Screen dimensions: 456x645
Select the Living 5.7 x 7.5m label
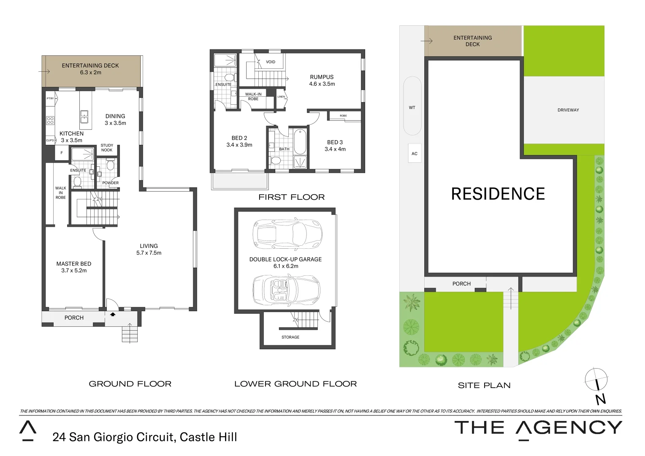click(x=149, y=249)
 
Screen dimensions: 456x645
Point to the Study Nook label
click(x=107, y=148)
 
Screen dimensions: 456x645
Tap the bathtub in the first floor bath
click(x=301, y=142)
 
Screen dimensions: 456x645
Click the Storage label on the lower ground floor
click(x=290, y=337)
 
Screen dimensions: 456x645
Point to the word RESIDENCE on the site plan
click(x=498, y=194)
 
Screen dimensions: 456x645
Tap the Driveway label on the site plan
click(x=568, y=110)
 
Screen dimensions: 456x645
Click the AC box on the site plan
click(x=415, y=154)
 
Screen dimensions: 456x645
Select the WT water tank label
click(x=412, y=108)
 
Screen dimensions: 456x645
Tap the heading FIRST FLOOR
click(x=291, y=197)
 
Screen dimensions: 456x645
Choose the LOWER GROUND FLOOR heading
click(x=295, y=384)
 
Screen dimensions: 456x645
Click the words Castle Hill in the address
click(x=209, y=437)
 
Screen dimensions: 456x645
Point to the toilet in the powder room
click(x=110, y=165)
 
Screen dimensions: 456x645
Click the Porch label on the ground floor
click(x=74, y=318)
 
